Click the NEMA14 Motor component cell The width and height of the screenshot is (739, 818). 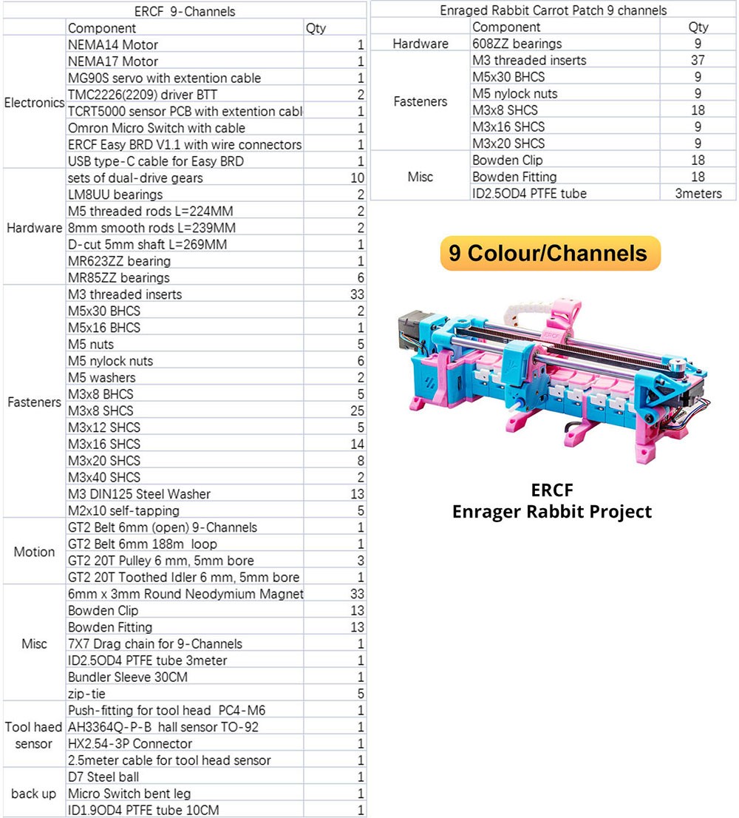[112, 44]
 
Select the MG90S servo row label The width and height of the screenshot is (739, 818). [163, 78]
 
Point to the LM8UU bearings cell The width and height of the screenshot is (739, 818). [115, 195]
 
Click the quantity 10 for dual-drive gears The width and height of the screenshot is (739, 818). [358, 178]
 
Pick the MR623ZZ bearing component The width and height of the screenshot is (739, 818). [118, 261]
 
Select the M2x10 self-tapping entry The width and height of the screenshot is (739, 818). [123, 510]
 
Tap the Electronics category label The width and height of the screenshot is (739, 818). [34, 103]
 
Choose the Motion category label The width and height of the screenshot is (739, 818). [34, 552]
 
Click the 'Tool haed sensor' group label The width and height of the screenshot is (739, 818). [34, 735]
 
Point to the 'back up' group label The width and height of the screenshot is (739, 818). [34, 794]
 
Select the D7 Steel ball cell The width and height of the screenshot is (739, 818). [103, 777]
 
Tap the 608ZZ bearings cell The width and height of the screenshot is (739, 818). [517, 44]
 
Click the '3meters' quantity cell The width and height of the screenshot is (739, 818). [698, 193]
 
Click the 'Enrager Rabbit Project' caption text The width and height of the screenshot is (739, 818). [552, 511]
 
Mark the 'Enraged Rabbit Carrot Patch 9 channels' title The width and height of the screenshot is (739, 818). [553, 10]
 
